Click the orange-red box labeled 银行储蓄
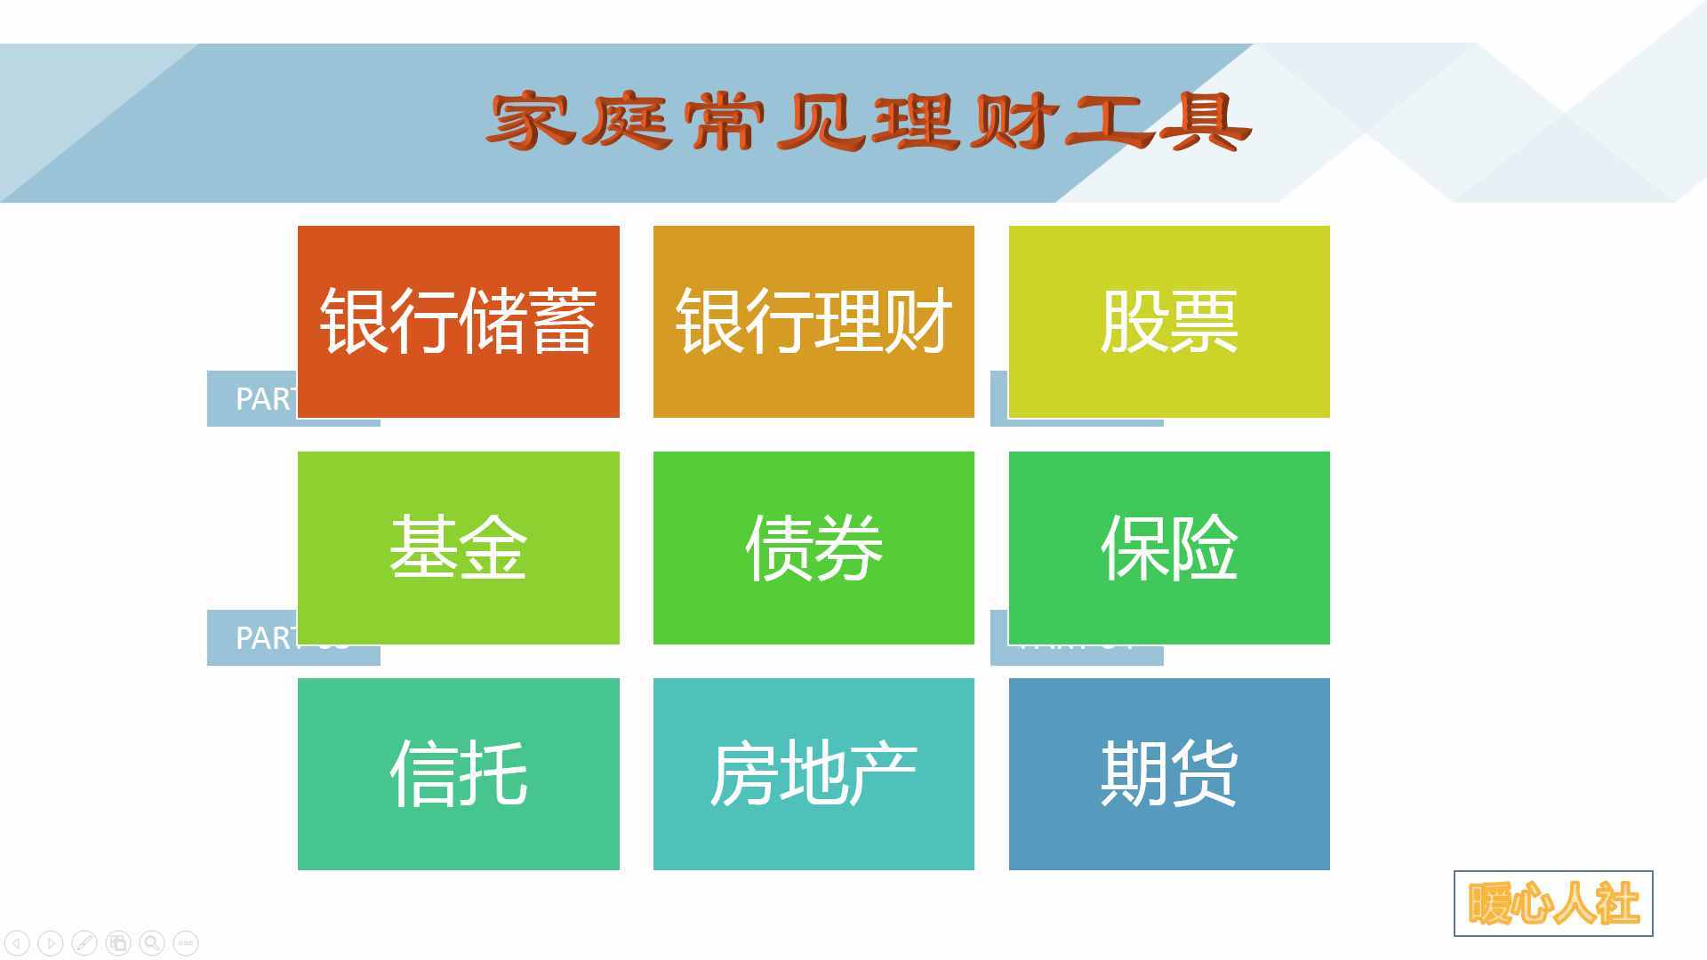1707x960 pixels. point(458,321)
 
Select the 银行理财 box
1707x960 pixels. point(813,321)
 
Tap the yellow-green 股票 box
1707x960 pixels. point(1169,321)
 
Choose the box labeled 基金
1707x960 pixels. point(458,548)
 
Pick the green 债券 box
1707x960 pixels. point(813,548)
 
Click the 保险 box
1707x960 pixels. point(1169,548)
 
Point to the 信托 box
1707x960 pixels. point(458,773)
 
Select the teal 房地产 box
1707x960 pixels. point(813,773)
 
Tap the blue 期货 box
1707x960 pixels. point(1169,773)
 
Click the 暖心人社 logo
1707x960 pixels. point(1553,903)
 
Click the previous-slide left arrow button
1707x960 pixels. point(17,942)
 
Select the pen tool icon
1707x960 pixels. point(84,942)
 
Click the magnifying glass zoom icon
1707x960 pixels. point(152,942)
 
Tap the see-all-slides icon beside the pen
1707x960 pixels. point(118,942)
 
